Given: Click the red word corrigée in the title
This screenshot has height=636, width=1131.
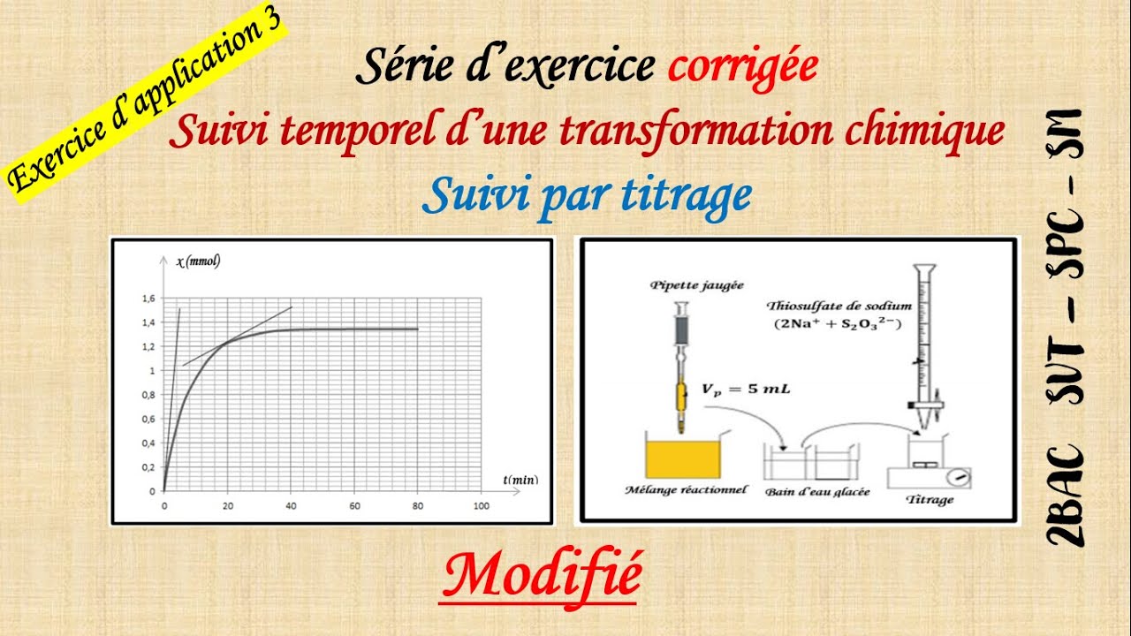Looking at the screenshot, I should click(742, 67).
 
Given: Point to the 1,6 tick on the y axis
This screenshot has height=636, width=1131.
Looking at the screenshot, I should click(147, 299).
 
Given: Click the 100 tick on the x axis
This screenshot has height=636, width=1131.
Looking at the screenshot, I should click(481, 506).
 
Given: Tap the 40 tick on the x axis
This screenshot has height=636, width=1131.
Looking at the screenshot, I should click(291, 506).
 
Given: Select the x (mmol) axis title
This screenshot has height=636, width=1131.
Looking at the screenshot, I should click(198, 261).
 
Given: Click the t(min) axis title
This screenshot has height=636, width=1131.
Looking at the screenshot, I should click(521, 480).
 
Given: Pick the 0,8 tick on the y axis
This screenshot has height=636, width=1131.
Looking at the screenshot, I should click(147, 395).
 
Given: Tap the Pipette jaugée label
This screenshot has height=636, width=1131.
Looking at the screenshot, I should click(684, 285).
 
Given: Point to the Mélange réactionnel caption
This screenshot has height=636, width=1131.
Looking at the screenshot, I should click(684, 489).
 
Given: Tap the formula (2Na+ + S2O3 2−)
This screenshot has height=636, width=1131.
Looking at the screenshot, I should click(836, 323).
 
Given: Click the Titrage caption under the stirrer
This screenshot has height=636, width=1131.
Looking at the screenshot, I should click(929, 500).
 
